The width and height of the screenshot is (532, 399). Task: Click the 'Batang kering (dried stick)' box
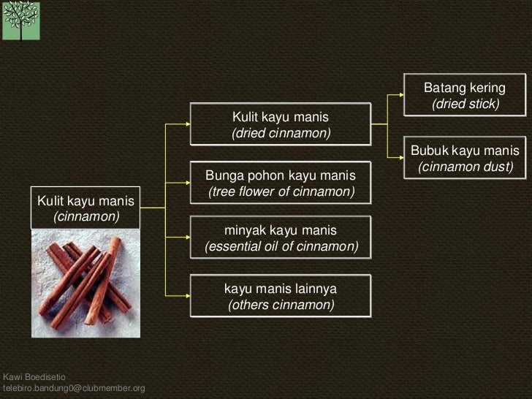[x=465, y=96]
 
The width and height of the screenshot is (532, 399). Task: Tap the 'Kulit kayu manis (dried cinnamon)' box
[x=281, y=125]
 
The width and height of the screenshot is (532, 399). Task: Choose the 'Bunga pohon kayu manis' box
[x=281, y=183]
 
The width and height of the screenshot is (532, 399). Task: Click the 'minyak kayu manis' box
[x=281, y=238]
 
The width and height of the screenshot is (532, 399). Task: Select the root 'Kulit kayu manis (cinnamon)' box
[x=86, y=208]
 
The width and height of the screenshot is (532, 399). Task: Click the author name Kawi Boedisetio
[x=34, y=376]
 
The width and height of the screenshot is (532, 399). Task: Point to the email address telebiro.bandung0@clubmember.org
[x=74, y=387]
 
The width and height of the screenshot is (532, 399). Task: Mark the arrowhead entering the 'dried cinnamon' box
[x=188, y=124]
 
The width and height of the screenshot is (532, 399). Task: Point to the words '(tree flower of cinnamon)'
[x=281, y=192]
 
